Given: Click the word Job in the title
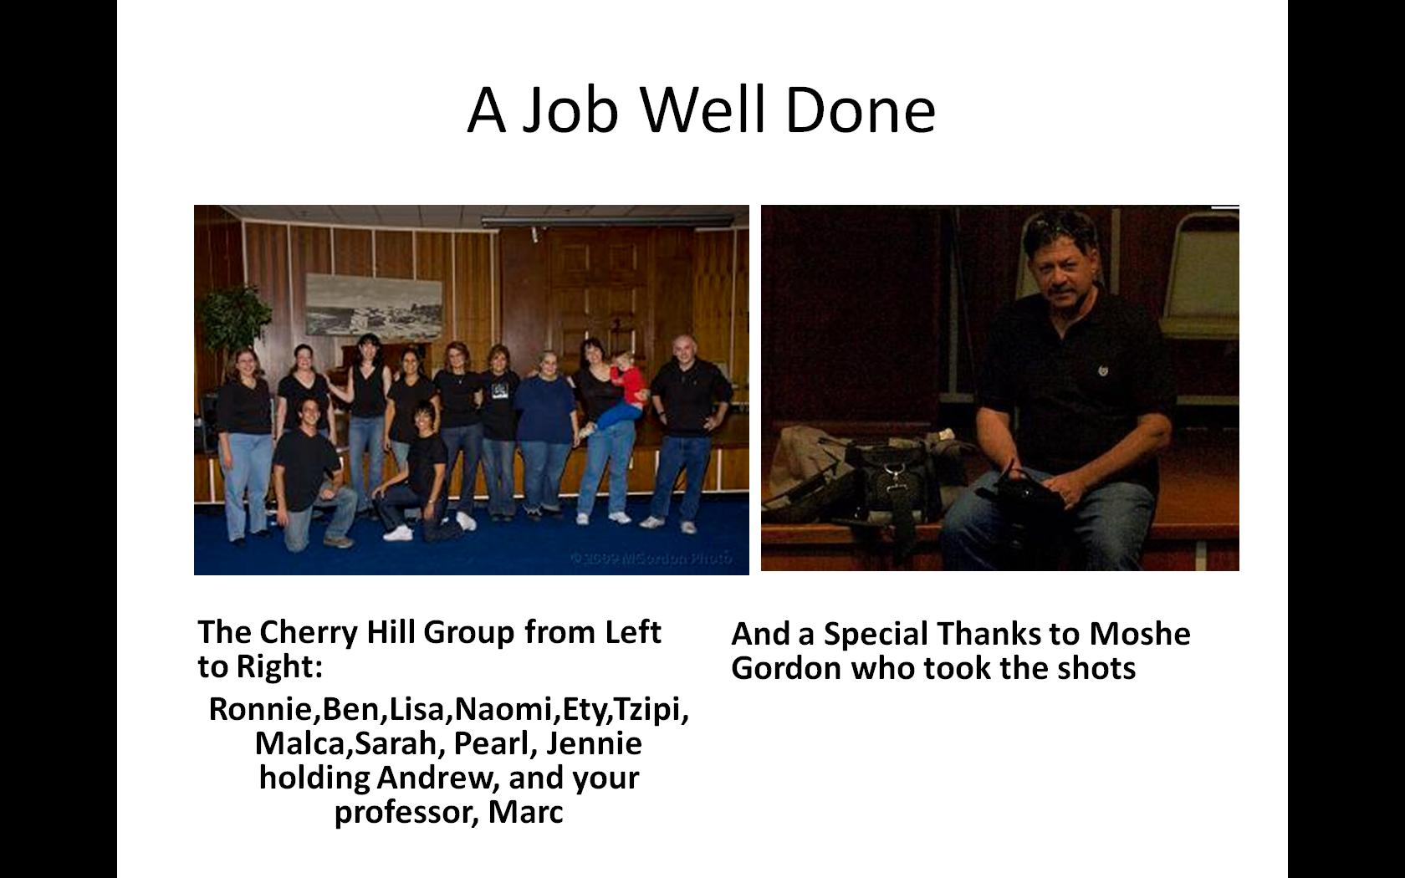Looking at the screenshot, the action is point(570,110).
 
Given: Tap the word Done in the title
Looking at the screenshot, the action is point(861,110).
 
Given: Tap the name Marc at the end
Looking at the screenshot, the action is point(525,811).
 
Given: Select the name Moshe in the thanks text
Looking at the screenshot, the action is point(1139,634).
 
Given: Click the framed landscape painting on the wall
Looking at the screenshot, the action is point(374,305).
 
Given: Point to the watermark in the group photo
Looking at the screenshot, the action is point(651,558).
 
